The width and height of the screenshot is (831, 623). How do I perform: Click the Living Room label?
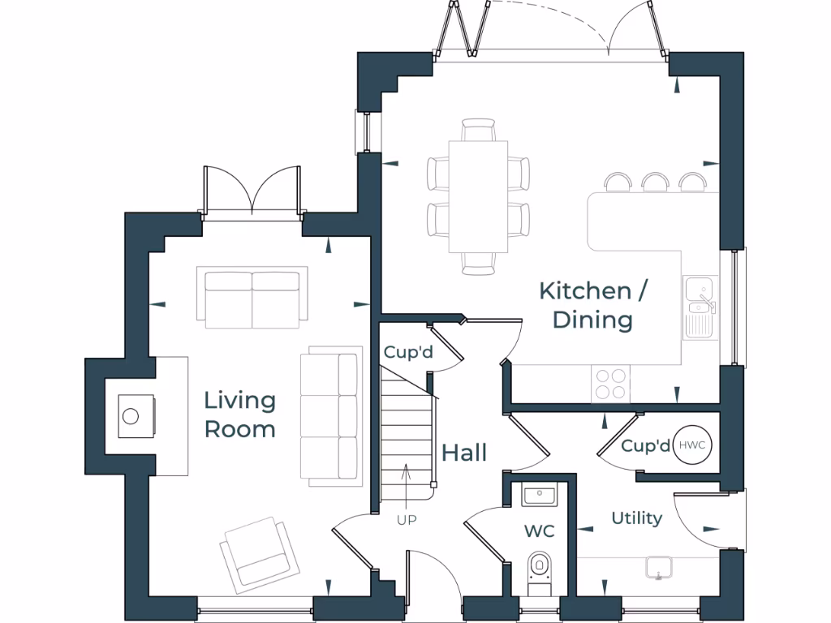(239, 414)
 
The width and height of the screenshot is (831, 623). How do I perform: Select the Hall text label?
(464, 453)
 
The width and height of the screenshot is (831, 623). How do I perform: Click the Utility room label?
(636, 518)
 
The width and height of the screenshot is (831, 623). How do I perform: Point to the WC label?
(539, 531)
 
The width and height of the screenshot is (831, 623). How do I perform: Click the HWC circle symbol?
(691, 445)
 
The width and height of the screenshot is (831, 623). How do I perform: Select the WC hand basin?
(538, 494)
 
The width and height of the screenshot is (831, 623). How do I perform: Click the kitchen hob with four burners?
(611, 383)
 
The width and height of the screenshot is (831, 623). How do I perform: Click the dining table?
(478, 196)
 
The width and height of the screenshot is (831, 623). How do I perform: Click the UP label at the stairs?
(407, 520)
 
